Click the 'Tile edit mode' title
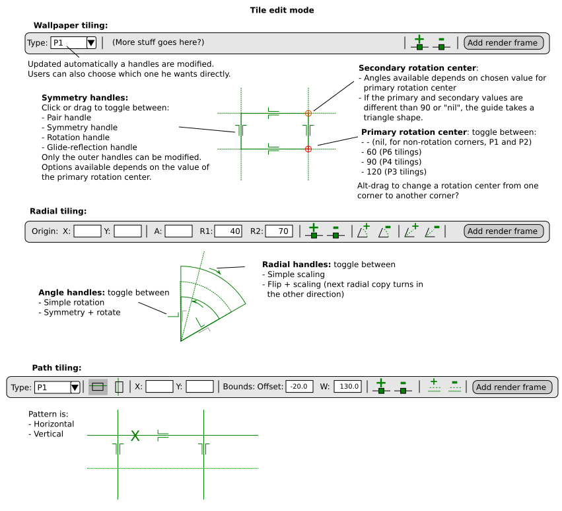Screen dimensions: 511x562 (x=282, y=11)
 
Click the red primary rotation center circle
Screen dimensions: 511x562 (x=308, y=149)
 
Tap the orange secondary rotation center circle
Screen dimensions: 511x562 (x=308, y=114)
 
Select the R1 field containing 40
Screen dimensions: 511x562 (x=228, y=231)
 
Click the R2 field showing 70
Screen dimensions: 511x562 (x=279, y=231)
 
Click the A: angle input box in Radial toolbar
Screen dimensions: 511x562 (x=178, y=231)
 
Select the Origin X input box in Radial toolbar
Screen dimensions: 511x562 (x=87, y=231)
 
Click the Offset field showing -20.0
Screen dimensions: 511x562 (x=299, y=387)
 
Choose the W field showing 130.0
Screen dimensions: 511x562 (x=347, y=387)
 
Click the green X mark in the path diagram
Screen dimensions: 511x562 (x=135, y=436)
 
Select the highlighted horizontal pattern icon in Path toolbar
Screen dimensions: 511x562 (x=98, y=387)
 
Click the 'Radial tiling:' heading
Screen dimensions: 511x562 (x=58, y=212)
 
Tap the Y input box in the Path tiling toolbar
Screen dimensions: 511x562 (x=199, y=387)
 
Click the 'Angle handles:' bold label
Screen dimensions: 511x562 (x=71, y=292)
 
